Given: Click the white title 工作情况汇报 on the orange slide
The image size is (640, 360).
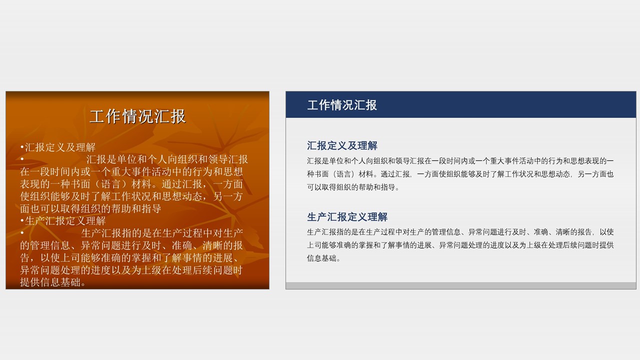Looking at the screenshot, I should [137, 116].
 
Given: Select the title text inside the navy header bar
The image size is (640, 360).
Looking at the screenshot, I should [342, 105].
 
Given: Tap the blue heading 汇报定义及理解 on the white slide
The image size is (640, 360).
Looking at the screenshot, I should [342, 146].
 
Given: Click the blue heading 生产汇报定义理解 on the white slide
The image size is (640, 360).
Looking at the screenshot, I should [347, 217].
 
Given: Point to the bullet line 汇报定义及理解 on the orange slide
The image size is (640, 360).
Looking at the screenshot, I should [60, 147].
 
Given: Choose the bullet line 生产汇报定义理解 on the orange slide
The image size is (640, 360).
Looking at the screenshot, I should [65, 221].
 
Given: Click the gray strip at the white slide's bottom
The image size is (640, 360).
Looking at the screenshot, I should [460, 285].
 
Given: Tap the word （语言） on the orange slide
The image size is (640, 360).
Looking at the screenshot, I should [115, 184].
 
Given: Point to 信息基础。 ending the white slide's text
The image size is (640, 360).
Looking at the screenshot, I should [323, 258].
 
